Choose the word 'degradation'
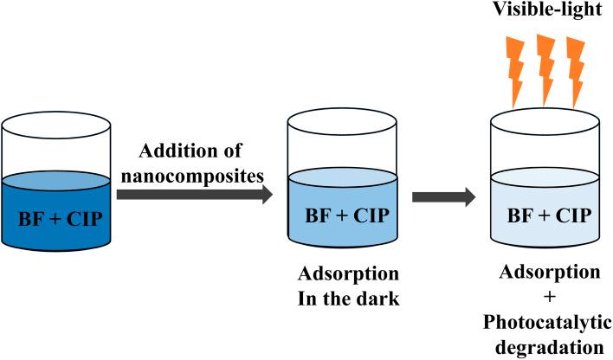click(x=549, y=345)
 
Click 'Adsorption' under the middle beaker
click(x=348, y=275)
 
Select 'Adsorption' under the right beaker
click(x=549, y=273)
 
